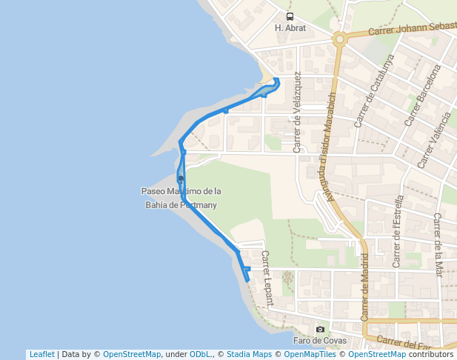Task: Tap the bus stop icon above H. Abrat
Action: click(290, 16)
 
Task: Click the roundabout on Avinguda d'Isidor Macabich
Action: click(340, 39)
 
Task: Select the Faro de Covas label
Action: click(319, 341)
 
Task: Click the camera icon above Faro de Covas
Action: click(320, 330)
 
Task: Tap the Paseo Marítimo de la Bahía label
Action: click(181, 198)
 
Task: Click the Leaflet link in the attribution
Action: click(41, 355)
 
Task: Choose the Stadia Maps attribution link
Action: click(246, 355)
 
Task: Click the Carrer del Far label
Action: click(404, 342)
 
